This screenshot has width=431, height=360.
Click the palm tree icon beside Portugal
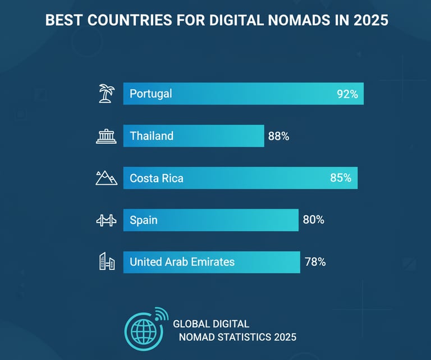[105, 94]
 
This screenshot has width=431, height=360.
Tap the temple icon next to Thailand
[106, 136]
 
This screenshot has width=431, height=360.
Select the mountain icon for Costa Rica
[106, 179]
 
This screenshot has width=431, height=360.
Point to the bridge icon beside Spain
[106, 220]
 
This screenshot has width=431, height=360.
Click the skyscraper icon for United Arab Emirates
[107, 262]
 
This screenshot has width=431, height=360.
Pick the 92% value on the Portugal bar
[347, 94]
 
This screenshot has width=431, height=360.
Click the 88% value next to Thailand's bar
[278, 136]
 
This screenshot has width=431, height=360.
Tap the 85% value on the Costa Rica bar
[341, 179]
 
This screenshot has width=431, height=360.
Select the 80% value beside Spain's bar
[313, 220]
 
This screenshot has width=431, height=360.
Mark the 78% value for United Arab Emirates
[315, 262]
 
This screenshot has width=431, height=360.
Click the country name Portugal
[150, 94]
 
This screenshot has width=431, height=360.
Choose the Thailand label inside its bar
[152, 136]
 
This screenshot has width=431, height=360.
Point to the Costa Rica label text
[156, 179]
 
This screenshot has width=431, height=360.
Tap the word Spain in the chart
[143, 220]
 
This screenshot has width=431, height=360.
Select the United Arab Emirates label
[182, 262]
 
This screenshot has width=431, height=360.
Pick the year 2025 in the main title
[370, 21]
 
